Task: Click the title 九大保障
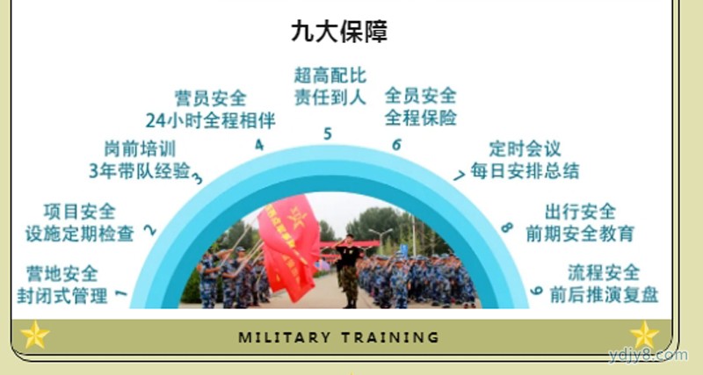point(339,32)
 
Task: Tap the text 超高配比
point(330,76)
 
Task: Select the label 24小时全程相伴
point(210,120)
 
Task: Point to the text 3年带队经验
point(140,170)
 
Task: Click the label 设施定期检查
point(79,234)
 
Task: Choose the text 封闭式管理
point(62,295)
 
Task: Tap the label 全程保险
point(421,118)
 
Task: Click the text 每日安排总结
point(525,170)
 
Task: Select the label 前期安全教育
point(580,234)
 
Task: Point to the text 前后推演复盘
point(604,295)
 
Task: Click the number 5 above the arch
point(328,133)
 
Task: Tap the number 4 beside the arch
point(259,145)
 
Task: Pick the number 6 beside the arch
point(396,144)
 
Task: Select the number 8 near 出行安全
point(507,227)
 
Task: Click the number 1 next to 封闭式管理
point(121,293)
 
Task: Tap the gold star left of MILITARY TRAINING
point(35,335)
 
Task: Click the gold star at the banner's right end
point(644,335)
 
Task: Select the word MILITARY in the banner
point(285,337)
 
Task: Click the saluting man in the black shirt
point(349,271)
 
